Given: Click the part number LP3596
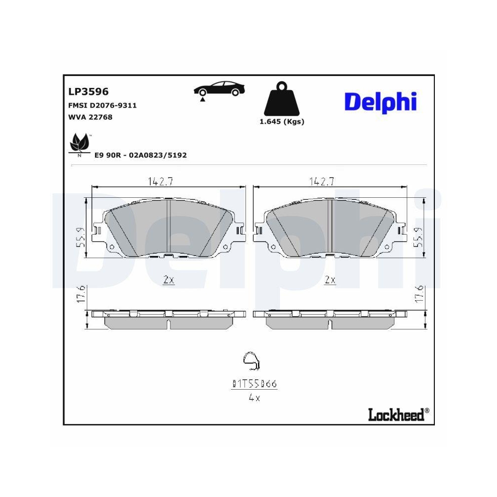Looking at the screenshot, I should click(x=88, y=91).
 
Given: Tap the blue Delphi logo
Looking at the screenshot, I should click(x=380, y=101).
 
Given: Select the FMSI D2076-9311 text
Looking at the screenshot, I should click(x=102, y=105).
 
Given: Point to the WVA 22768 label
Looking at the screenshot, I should click(x=90, y=117).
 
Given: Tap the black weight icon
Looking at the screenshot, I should click(x=282, y=99).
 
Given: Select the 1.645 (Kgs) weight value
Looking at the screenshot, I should click(x=282, y=122).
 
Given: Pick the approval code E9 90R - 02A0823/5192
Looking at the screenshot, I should click(x=141, y=155).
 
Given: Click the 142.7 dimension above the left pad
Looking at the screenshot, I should click(x=160, y=182).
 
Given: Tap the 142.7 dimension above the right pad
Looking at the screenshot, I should click(x=321, y=182).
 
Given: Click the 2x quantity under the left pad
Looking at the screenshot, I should click(x=168, y=280).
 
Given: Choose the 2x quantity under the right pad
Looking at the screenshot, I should click(x=330, y=280).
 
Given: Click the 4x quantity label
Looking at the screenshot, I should click(x=254, y=398).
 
